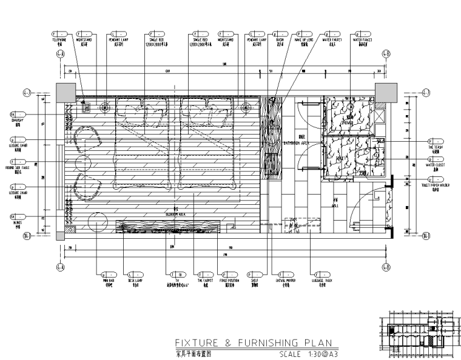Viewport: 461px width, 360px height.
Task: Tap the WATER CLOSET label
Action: click(436, 164)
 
